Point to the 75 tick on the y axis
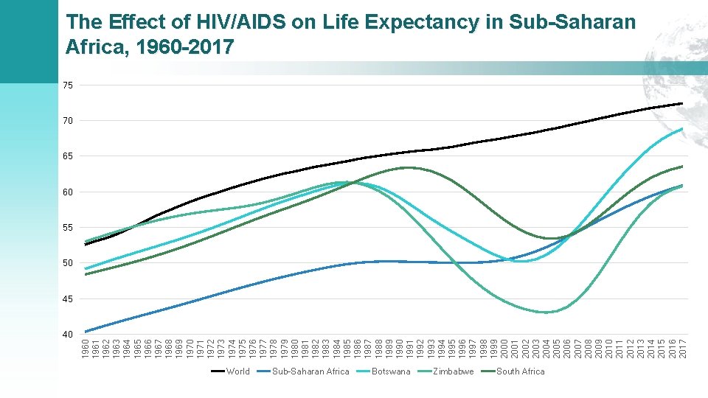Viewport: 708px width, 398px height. [x=68, y=85]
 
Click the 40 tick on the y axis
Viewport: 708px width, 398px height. [x=68, y=335]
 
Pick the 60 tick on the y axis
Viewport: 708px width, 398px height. [x=68, y=192]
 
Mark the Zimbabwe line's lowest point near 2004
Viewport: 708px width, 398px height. [x=546, y=313]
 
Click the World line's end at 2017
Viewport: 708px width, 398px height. [x=682, y=103]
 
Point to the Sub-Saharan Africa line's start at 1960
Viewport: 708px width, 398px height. [x=86, y=332]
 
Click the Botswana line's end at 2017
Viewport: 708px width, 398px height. [x=682, y=129]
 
